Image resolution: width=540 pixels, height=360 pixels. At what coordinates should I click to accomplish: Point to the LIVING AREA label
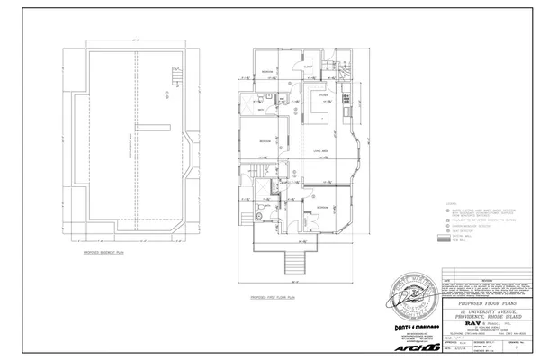319,150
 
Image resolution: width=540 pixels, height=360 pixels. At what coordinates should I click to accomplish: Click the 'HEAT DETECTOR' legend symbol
443,230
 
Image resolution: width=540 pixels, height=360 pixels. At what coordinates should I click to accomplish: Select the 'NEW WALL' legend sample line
443,241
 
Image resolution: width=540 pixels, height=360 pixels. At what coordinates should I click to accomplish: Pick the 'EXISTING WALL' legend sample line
443,236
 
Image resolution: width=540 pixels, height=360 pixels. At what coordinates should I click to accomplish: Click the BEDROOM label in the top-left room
267,70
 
